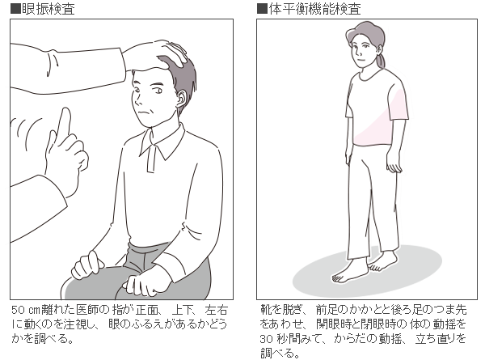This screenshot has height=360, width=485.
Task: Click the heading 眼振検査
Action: [48, 9]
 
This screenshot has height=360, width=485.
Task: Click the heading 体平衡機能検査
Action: [314, 9]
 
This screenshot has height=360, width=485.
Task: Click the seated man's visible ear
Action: [180, 99]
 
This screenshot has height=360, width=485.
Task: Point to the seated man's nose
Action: [137, 100]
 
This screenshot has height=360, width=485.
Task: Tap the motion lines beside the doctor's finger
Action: [27, 130]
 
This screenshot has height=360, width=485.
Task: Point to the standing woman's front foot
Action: [349, 273]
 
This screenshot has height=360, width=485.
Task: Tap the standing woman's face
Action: [361, 51]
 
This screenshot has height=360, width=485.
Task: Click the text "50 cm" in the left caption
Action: [26, 310]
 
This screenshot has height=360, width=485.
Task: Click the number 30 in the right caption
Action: [266, 339]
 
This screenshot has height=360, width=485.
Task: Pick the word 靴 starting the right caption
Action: [266, 310]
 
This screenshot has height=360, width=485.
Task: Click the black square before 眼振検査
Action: [15, 9]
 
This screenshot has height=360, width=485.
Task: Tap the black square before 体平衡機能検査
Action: [262, 9]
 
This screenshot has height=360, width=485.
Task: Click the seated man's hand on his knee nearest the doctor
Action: [87, 265]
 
